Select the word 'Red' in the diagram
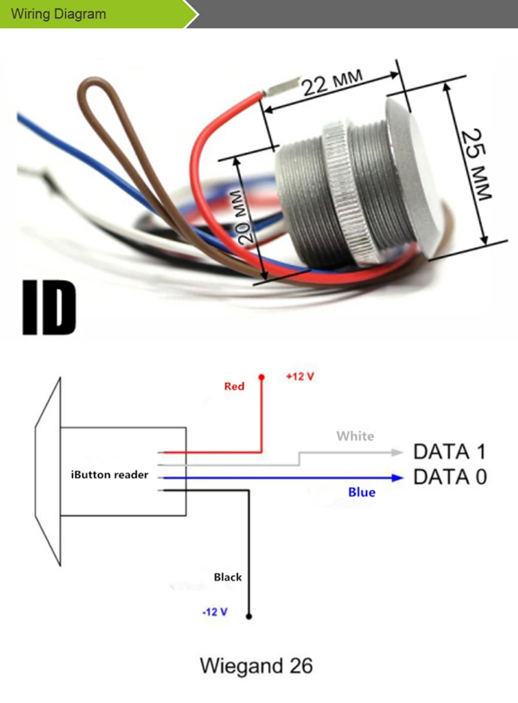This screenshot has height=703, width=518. (234, 387)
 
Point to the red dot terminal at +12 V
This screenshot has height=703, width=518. (262, 377)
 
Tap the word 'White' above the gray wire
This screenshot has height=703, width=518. (355, 436)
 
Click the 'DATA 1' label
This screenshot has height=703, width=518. (449, 452)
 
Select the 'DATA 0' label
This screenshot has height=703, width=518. (449, 478)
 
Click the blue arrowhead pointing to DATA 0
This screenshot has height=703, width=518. (396, 478)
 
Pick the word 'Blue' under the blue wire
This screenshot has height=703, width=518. (361, 492)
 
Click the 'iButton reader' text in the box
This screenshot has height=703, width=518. (109, 475)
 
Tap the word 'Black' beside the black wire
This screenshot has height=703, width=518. (228, 577)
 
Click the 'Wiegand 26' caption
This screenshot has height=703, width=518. (256, 665)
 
